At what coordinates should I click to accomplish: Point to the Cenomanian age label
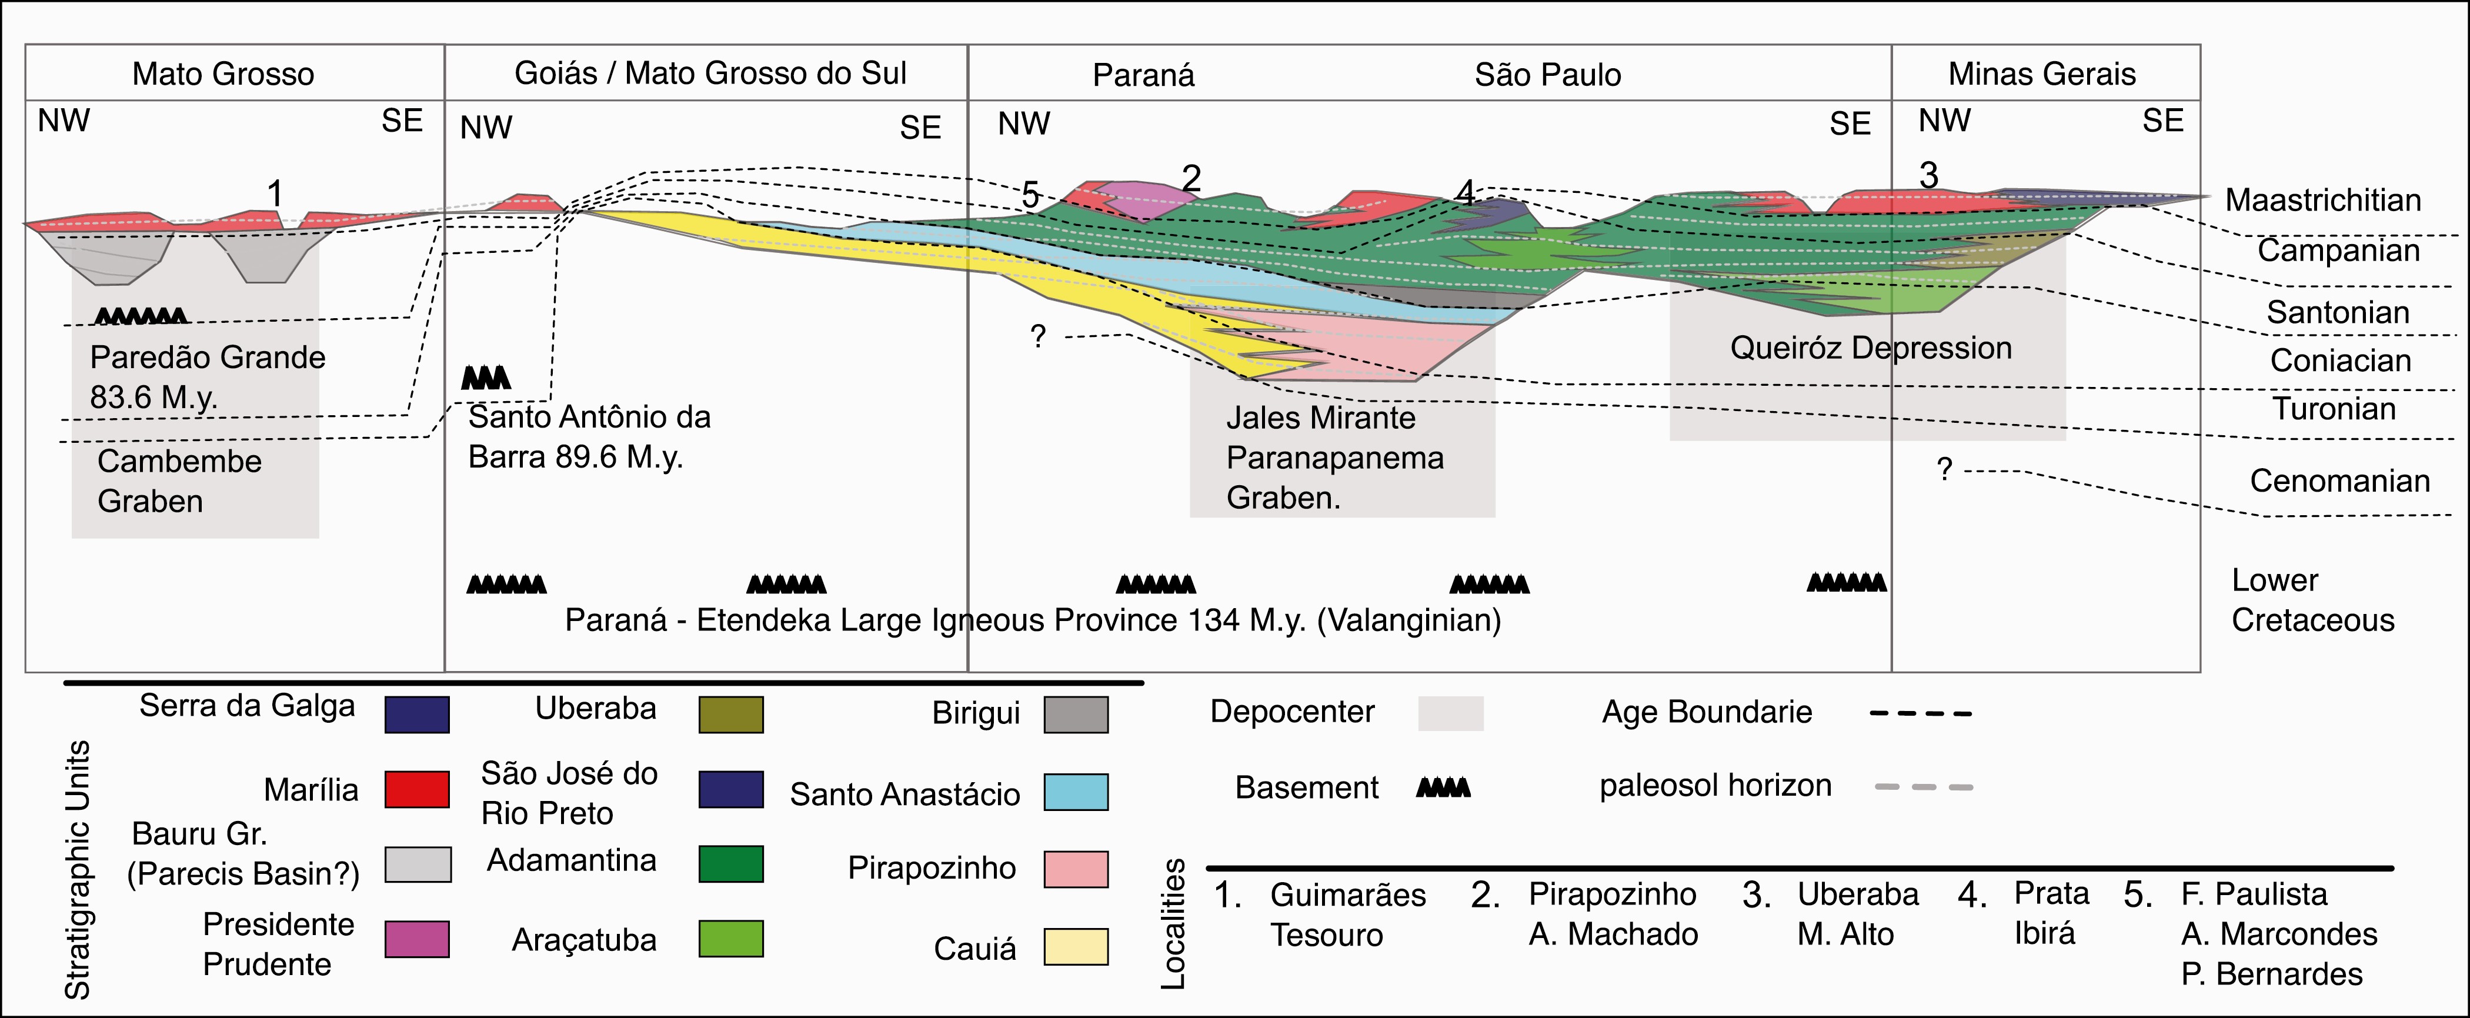click(2339, 480)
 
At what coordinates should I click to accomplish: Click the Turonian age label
click(2333, 409)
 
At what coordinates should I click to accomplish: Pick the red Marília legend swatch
click(416, 789)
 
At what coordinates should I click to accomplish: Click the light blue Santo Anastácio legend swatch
click(1075, 792)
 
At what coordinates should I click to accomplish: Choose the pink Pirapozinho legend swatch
click(1075, 869)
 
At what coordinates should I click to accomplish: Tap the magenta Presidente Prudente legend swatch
click(416, 939)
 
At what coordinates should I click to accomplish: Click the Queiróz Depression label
click(1870, 348)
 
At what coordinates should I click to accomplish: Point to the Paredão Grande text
click(207, 358)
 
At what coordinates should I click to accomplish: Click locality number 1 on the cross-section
click(275, 193)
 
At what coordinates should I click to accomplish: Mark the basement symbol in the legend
click(1443, 788)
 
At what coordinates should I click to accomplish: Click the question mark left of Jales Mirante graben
click(1037, 336)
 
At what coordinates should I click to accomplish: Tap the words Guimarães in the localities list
click(1347, 894)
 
